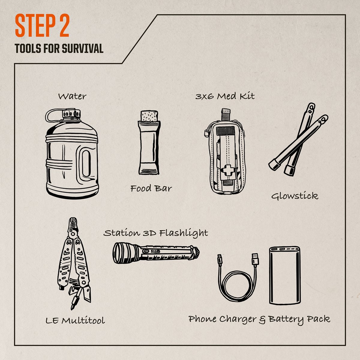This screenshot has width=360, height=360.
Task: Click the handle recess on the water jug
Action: pos(86,163)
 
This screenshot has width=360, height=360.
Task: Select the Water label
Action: pos(72,96)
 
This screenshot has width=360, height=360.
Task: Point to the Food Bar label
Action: pos(151,189)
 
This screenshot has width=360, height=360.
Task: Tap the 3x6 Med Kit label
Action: pos(225,96)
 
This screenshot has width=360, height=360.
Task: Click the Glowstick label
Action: pos(295,196)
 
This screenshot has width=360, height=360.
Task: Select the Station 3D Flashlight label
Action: pos(156,233)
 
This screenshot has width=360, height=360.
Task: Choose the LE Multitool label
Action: pos(75,320)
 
